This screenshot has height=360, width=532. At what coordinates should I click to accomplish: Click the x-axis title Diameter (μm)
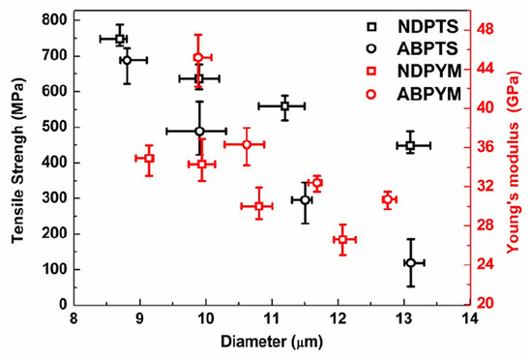click(x=272, y=342)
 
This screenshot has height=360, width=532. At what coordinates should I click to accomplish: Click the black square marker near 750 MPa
click(x=120, y=39)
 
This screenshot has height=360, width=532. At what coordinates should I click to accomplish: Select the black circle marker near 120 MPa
click(x=411, y=262)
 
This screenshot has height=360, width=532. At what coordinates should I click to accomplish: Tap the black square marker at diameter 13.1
click(x=410, y=145)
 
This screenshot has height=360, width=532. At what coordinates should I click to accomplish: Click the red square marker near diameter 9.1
click(x=149, y=159)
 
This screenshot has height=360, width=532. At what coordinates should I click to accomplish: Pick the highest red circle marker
click(x=198, y=58)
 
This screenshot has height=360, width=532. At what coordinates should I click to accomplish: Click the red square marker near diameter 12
click(x=342, y=239)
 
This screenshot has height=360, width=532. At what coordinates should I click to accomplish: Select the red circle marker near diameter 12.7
click(x=387, y=200)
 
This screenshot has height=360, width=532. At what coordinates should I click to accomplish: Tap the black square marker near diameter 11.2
click(x=284, y=106)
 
